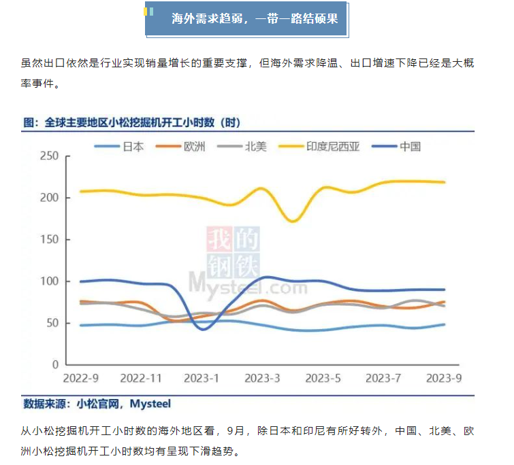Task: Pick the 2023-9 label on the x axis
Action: pos(444,378)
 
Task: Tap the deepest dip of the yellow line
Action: pos(292,221)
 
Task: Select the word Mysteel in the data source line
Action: pos(149,404)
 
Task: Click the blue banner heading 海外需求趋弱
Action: pos(255,19)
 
